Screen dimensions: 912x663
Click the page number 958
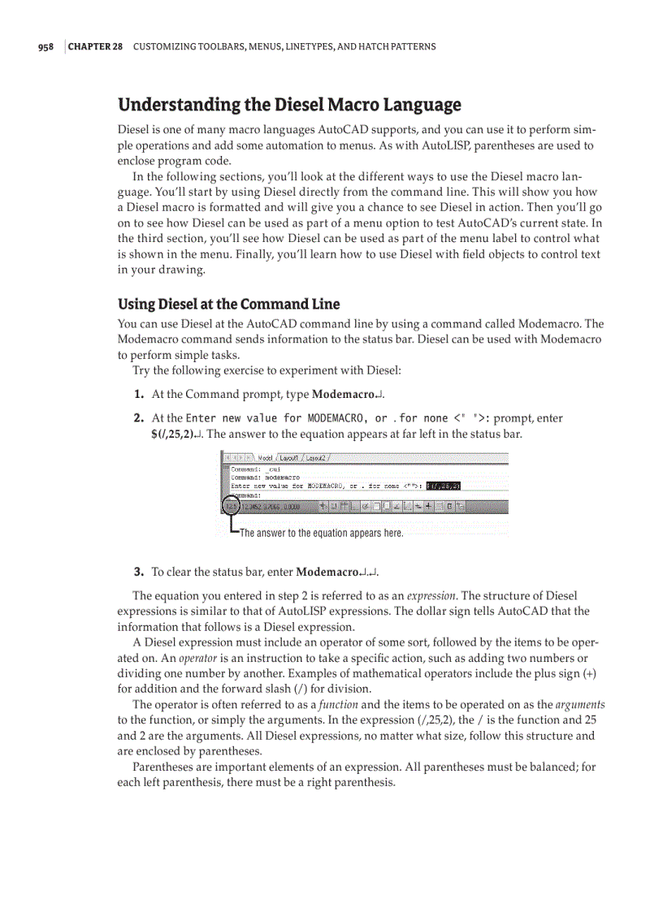(x=45, y=47)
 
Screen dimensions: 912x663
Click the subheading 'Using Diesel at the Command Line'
(x=228, y=305)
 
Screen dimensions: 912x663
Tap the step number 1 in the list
(x=139, y=395)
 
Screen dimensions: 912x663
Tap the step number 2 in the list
(x=139, y=419)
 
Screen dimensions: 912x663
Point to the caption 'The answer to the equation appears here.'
(x=321, y=534)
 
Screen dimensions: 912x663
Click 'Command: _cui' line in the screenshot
(x=256, y=469)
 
